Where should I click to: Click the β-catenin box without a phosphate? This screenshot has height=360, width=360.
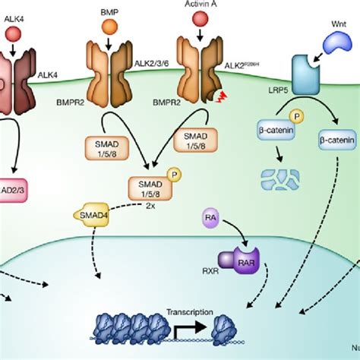(x=336, y=139)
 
